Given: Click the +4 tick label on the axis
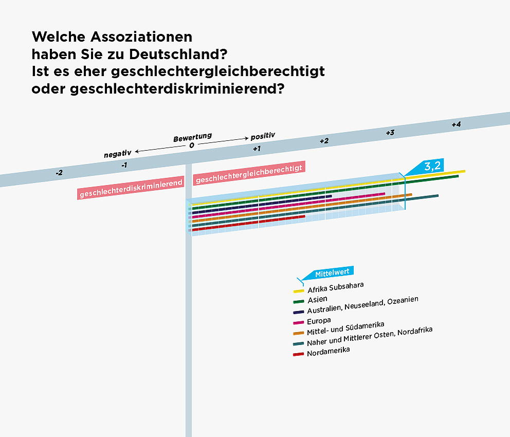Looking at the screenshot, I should pyautogui.click(x=456, y=124).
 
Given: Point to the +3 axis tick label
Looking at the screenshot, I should pyautogui.click(x=390, y=133).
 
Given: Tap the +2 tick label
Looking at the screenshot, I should pyautogui.click(x=324, y=141).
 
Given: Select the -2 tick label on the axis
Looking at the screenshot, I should pyautogui.click(x=59, y=173).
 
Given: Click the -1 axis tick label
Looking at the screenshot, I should pyautogui.click(x=124, y=165).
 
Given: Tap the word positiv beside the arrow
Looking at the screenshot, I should pyautogui.click(x=263, y=136).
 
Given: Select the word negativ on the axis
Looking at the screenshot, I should pyautogui.click(x=118, y=154).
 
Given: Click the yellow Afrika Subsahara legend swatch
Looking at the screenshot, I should pyautogui.click(x=299, y=291).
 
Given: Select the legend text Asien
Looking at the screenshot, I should pyautogui.click(x=317, y=299).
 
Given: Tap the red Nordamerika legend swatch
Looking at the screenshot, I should pyautogui.click(x=299, y=354).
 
